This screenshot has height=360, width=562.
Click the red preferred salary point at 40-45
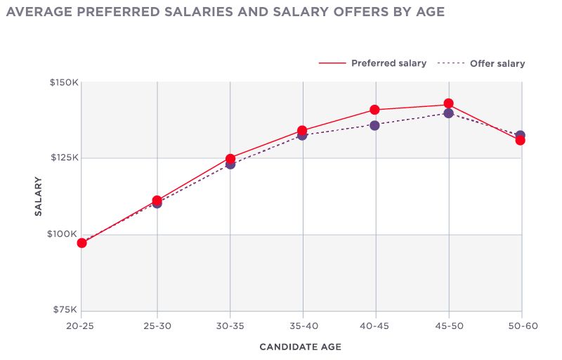pyautogui.click(x=374, y=110)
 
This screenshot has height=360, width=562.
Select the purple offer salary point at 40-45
pyautogui.click(x=374, y=125)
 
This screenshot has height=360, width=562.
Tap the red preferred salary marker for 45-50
pyautogui.click(x=448, y=104)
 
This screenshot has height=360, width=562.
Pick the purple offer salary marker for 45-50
pyautogui.click(x=448, y=113)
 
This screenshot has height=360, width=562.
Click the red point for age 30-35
pyautogui.click(x=230, y=159)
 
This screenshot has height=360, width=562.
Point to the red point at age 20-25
pyautogui.click(x=81, y=243)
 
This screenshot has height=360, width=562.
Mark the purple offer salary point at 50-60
pyautogui.click(x=520, y=135)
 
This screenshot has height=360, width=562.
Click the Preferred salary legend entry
pyautogui.click(x=388, y=63)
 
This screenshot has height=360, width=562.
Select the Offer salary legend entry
pyautogui.click(x=497, y=64)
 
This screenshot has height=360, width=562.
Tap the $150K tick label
pyautogui.click(x=63, y=82)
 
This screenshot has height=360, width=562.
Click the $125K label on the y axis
pyautogui.click(x=64, y=157)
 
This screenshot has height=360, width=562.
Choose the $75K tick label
pyautogui.click(x=65, y=310)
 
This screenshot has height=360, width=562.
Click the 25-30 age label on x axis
pyautogui.click(x=155, y=326)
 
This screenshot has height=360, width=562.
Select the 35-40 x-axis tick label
pyautogui.click(x=302, y=326)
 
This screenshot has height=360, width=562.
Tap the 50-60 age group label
pyautogui.click(x=521, y=326)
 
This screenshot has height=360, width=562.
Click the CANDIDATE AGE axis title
pyautogui.click(x=301, y=347)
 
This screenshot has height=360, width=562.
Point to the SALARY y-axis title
pyautogui.click(x=39, y=196)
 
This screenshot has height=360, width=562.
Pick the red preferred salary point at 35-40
pyautogui.click(x=302, y=131)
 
